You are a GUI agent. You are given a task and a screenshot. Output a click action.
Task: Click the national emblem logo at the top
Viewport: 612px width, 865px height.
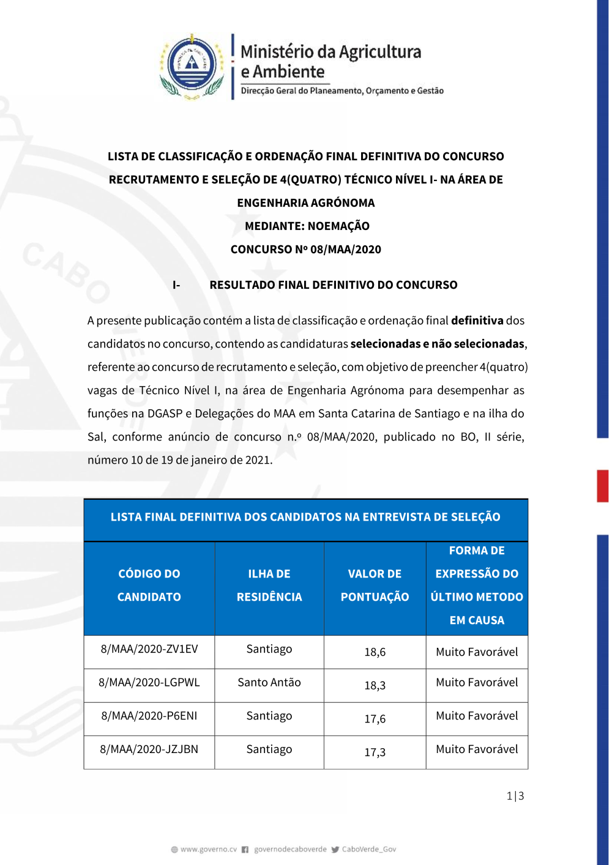point(192,65)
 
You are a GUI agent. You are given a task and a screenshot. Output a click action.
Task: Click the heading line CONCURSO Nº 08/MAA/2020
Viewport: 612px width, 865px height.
point(305,250)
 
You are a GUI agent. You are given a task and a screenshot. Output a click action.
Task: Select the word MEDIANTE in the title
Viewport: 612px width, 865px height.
point(274,226)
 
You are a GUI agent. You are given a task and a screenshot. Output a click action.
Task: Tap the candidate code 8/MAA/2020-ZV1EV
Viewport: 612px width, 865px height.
point(149,649)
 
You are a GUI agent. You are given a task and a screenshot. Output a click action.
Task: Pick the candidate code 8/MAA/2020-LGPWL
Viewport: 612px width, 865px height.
point(149,683)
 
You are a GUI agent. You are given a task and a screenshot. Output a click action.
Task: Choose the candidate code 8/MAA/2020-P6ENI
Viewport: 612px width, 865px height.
point(149,716)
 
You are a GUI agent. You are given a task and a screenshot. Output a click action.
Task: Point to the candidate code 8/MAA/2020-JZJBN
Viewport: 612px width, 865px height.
point(149,749)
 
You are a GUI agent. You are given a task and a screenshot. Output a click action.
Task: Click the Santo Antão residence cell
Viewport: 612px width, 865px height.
point(269,683)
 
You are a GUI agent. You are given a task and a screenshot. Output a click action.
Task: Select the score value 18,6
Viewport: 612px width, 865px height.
point(375,652)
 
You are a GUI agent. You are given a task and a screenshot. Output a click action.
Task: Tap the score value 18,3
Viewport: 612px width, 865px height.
point(375,686)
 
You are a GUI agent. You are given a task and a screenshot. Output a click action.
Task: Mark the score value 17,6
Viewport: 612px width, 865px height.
point(375,719)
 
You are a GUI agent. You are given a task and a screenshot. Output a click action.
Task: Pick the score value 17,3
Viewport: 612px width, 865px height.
point(375,752)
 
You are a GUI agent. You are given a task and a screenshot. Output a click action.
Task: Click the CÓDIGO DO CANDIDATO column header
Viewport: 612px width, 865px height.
point(149,585)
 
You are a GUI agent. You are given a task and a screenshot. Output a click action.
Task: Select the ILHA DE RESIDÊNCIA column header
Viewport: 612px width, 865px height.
point(269,585)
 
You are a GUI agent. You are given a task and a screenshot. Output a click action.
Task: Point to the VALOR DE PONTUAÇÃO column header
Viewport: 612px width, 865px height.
point(375,585)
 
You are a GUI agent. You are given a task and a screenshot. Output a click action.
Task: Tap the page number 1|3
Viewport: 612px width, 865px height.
point(515,796)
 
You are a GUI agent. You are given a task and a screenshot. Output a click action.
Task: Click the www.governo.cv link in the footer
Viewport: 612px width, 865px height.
point(208,849)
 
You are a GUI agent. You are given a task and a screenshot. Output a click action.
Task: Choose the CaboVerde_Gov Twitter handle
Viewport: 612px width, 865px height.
point(368,849)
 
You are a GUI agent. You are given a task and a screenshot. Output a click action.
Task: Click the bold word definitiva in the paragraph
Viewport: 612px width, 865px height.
point(477,321)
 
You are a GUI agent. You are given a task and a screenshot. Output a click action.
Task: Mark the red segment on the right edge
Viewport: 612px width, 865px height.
point(603,486)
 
